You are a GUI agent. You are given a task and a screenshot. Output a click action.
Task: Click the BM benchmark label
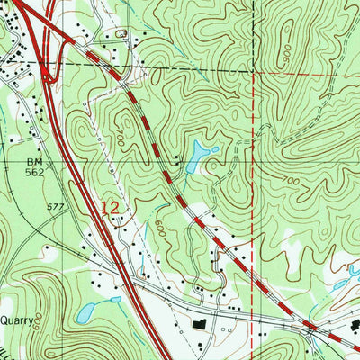tap(35, 162)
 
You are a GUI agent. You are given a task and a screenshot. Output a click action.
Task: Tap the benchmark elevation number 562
tap(35, 174)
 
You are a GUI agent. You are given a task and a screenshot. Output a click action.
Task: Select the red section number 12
tap(110, 208)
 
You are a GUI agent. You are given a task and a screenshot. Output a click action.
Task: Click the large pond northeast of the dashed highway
tap(196, 158)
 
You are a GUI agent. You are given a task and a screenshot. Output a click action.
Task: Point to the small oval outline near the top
tap(119, 33)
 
